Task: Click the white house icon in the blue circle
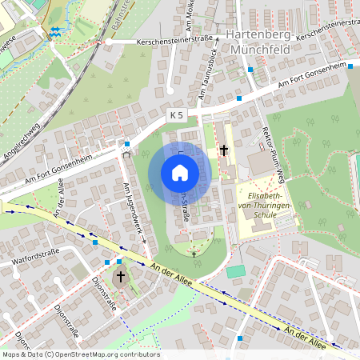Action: click(x=180, y=172)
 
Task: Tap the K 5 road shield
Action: click(x=176, y=116)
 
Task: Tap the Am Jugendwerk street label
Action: click(x=132, y=212)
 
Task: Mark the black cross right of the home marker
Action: click(x=224, y=150)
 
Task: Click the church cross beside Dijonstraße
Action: click(x=121, y=277)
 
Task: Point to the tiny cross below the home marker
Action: click(x=194, y=254)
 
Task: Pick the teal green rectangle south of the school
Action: click(x=235, y=272)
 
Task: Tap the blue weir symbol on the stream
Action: click(x=54, y=31)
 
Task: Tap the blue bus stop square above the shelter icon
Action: click(x=127, y=144)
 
